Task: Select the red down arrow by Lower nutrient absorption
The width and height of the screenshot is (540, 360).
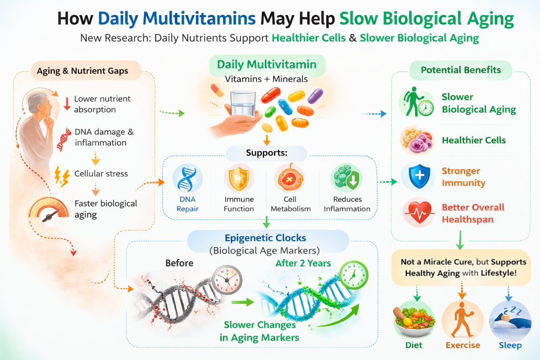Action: tap(67, 104)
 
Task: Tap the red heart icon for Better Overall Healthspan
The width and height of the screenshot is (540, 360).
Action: tap(418, 213)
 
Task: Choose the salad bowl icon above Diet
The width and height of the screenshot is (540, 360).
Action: tap(414, 320)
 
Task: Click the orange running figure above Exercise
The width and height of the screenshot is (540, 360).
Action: tap(462, 320)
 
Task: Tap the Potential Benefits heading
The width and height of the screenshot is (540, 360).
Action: tap(461, 70)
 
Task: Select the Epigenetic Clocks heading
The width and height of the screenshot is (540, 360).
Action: tap(265, 238)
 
